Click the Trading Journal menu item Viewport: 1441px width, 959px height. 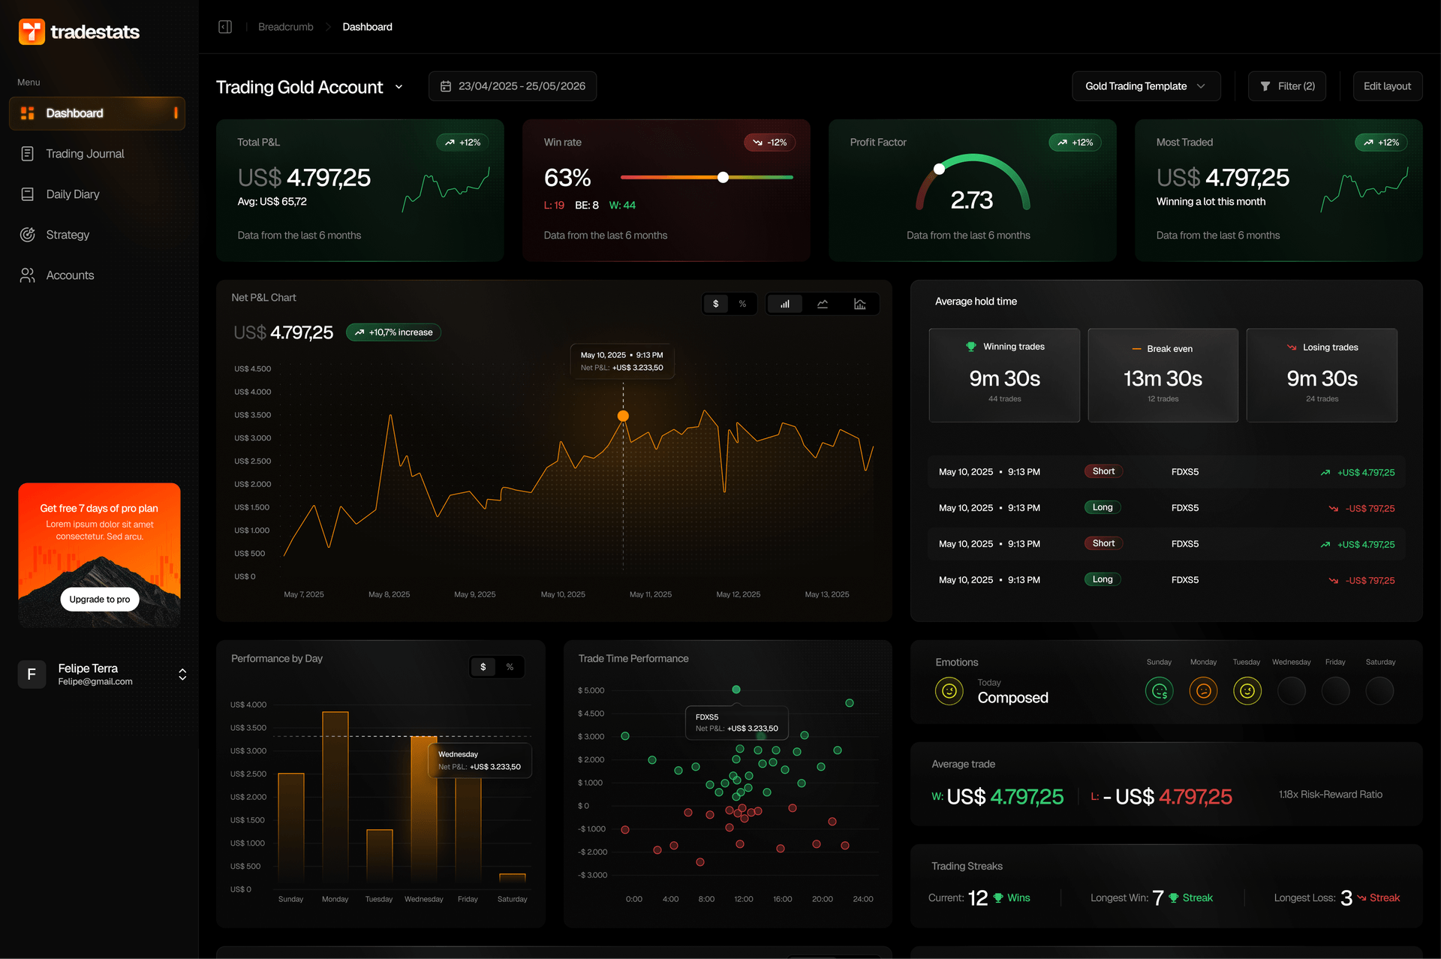coord(84,154)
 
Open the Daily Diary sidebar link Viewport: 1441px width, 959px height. coord(72,194)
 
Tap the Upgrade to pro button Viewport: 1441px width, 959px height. coord(99,600)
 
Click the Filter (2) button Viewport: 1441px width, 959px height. coord(1287,86)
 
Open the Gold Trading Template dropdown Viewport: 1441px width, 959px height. coord(1145,86)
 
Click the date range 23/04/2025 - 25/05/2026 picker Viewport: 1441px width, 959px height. coord(513,86)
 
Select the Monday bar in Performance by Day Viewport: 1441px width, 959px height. coord(335,795)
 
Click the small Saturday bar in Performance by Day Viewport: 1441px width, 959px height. coord(513,877)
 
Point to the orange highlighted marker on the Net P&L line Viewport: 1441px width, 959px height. coord(623,416)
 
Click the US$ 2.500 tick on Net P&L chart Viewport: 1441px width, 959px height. coord(252,461)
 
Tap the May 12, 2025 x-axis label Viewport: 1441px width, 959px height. coord(738,594)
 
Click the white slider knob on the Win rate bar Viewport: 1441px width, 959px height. coord(723,178)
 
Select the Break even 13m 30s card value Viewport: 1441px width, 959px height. coord(1163,379)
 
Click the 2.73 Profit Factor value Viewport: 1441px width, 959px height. coord(971,200)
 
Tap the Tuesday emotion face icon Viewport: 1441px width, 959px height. coord(1247,691)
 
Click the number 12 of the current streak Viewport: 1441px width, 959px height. coord(977,898)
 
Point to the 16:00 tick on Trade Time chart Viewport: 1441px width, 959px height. coord(782,899)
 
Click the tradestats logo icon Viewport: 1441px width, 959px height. coord(32,32)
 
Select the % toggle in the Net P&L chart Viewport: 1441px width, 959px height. coord(742,304)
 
